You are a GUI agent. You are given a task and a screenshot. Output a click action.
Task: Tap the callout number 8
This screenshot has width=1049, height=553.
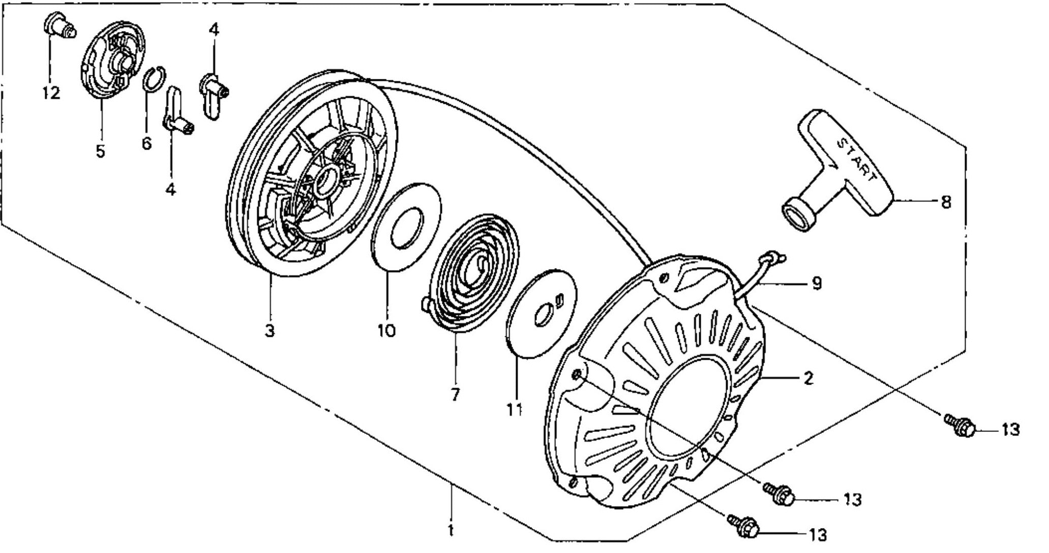pyautogui.click(x=945, y=202)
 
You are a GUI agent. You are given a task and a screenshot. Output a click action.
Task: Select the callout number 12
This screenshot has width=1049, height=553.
pyautogui.click(x=51, y=93)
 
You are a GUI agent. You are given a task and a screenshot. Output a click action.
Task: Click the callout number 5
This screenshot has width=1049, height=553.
pyautogui.click(x=100, y=151)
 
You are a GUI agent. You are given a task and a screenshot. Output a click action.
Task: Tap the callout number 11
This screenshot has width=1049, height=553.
pyautogui.click(x=515, y=410)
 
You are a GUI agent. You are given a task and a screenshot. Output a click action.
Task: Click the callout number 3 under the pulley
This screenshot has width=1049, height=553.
pyautogui.click(x=269, y=331)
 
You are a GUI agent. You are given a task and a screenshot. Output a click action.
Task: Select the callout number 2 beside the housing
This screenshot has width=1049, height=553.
pyautogui.click(x=808, y=378)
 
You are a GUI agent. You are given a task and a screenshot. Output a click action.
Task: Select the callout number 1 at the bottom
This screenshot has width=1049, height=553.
pyautogui.click(x=450, y=531)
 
